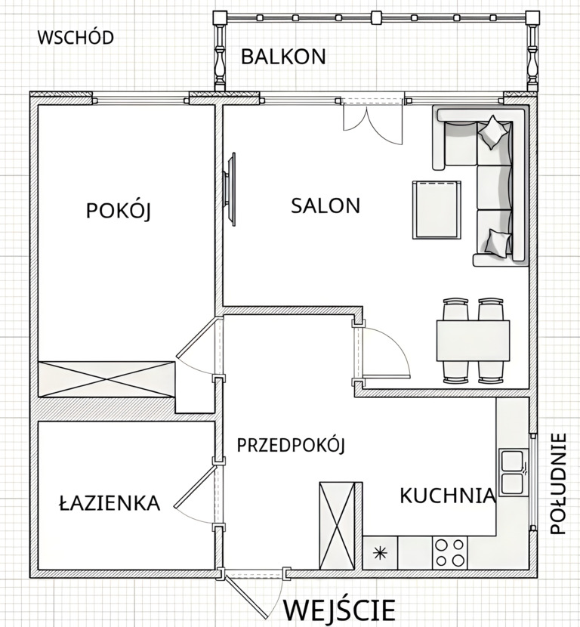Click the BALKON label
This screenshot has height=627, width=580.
(x=283, y=57)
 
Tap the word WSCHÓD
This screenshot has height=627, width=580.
(x=76, y=37)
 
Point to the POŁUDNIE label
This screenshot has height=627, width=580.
(x=558, y=483)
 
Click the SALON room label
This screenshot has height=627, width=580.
(x=325, y=205)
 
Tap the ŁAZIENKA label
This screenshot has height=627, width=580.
(x=110, y=502)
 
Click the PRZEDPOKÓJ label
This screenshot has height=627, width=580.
(x=291, y=445)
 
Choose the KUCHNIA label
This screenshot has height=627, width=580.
(x=448, y=496)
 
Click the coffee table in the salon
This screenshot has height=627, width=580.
(x=437, y=209)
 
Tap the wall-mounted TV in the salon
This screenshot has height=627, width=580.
(x=230, y=189)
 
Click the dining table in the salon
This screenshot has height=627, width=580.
(x=473, y=340)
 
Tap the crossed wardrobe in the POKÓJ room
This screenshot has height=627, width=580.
(x=106, y=379)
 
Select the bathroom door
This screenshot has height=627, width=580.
(x=199, y=494)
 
